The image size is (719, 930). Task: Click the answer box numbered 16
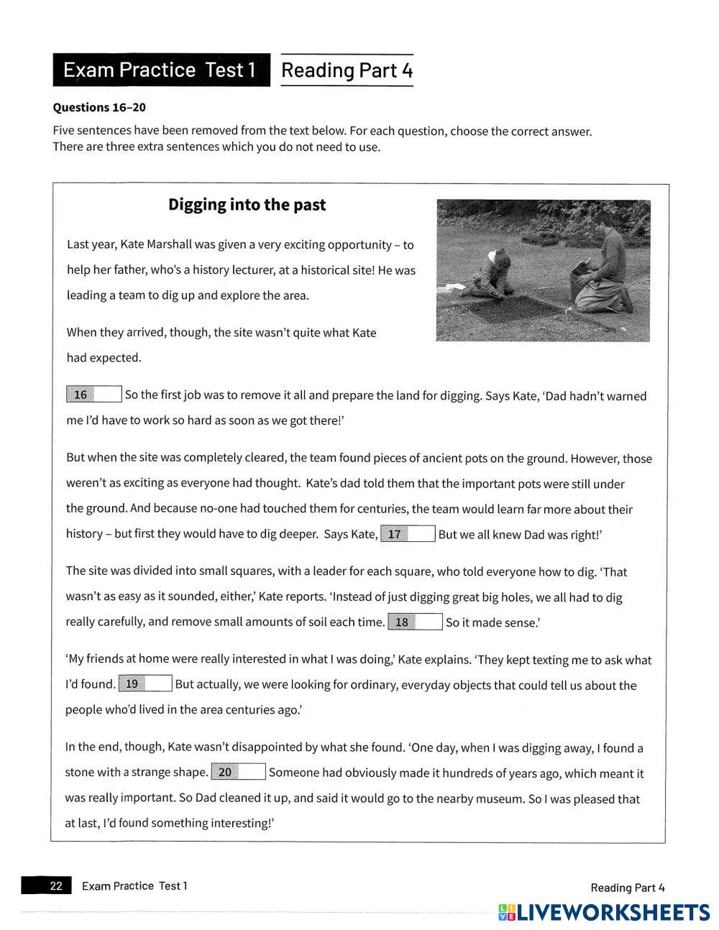click(94, 395)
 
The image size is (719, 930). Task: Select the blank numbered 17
click(408, 534)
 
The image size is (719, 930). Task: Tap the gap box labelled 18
click(415, 622)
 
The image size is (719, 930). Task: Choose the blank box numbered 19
click(145, 683)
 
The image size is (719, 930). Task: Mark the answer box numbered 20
click(239, 772)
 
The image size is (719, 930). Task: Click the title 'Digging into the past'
click(247, 205)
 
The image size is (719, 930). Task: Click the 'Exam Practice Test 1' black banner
click(161, 70)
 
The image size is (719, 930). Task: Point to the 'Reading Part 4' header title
click(347, 70)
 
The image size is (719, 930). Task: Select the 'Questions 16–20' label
click(99, 107)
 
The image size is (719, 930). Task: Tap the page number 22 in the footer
click(55, 885)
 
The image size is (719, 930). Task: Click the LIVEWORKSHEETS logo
click(604, 912)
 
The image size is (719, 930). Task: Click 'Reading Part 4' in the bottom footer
click(627, 888)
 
